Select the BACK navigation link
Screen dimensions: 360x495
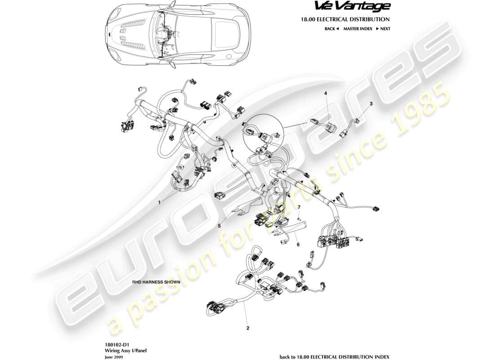click(331, 28)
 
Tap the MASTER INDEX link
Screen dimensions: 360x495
click(357, 28)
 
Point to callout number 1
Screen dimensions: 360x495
click(159, 202)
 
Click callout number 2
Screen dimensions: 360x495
click(247, 328)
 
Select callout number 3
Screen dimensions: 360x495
click(371, 104)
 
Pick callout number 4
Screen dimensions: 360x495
click(326, 94)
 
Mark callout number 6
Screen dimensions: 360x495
click(298, 244)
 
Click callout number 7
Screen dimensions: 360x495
click(298, 207)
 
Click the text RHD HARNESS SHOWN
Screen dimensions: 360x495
click(156, 282)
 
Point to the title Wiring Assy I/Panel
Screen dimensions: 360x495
click(120, 350)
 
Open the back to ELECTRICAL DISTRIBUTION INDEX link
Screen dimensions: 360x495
click(335, 356)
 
